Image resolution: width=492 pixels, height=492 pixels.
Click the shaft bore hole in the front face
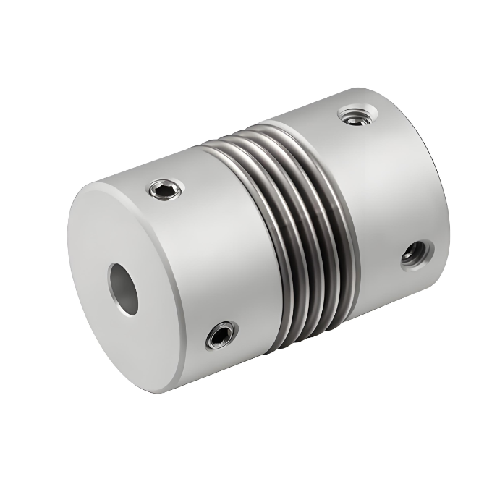(x=124, y=289)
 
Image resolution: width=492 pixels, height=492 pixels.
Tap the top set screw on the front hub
(x=165, y=190)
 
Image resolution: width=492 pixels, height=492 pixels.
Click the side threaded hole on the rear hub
(x=416, y=253)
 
